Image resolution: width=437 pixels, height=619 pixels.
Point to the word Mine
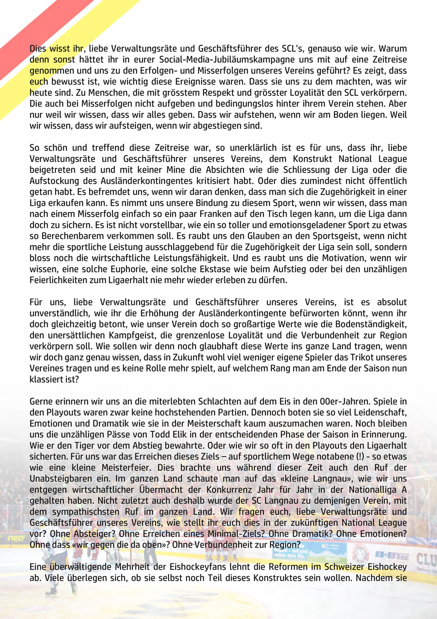click(x=156, y=170)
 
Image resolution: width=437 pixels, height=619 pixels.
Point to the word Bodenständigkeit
click(x=371, y=325)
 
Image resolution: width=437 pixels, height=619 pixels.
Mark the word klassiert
click(x=47, y=380)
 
